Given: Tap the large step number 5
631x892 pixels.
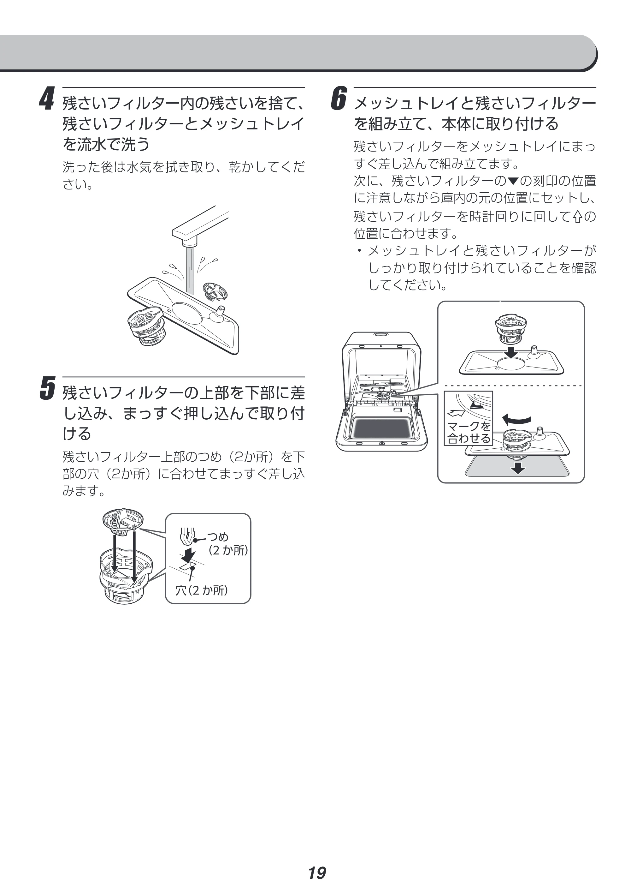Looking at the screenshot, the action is [47, 388].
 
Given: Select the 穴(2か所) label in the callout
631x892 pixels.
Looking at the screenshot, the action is [201, 590].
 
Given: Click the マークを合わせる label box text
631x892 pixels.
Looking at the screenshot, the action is [469, 432].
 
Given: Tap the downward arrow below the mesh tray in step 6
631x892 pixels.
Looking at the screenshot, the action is [517, 467].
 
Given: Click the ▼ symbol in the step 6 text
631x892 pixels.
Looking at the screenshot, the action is [513, 181].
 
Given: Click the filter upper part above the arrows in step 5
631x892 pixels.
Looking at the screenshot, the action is [123, 521].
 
